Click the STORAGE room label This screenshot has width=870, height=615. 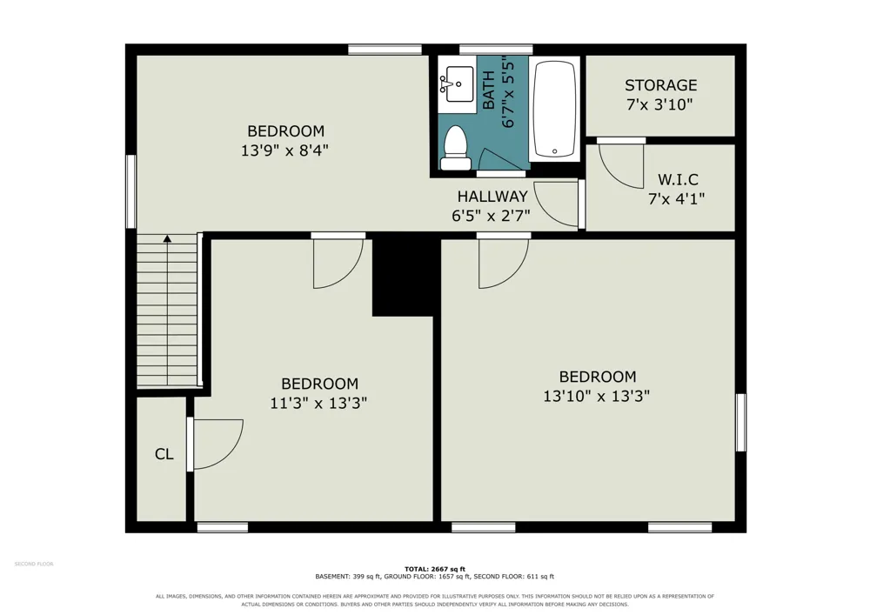coord(660,85)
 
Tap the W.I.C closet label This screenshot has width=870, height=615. coord(678,179)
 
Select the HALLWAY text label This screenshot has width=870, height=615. coord(492,197)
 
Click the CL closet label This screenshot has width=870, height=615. coord(164,454)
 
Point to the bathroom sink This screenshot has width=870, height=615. coord(458,84)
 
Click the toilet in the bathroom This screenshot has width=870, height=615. coord(456,148)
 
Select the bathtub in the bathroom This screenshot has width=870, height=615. coord(554,109)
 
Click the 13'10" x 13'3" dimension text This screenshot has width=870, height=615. coord(597,396)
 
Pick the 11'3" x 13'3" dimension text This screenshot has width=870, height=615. coord(318,403)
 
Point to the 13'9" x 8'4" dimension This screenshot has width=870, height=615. coord(284,150)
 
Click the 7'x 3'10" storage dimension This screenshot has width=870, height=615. coord(659,104)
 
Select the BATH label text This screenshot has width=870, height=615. coord(489,90)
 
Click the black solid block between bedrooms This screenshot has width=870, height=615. coord(402,275)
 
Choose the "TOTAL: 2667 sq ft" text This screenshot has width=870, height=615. coord(435,569)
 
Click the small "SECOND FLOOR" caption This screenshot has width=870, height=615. coord(34,564)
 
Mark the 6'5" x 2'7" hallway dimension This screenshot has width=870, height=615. coord(491,216)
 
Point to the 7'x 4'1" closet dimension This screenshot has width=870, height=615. coord(676,198)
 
